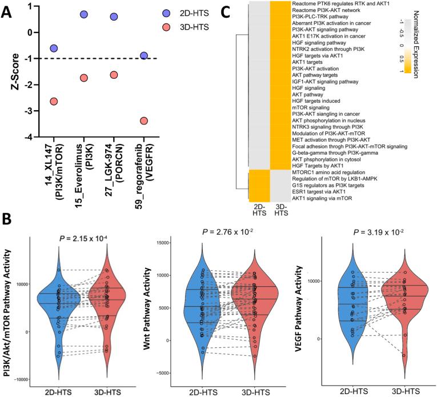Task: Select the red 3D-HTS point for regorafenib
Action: pos(144,121)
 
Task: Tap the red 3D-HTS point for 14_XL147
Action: pos(54,101)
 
